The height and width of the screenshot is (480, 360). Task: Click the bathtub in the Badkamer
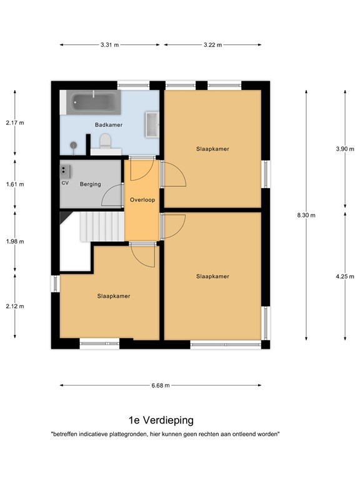coord(94,102)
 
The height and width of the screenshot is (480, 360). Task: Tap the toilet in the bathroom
coord(105,141)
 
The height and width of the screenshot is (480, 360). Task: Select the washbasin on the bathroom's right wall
coord(152,124)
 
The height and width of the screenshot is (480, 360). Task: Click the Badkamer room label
coord(109,125)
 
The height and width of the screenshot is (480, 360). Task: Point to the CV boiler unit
coord(65,172)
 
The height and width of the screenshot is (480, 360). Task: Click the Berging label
coord(90,184)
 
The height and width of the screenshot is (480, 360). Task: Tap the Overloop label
coord(142,200)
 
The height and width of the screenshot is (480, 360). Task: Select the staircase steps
coord(102,226)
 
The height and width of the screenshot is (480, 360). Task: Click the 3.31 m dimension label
coord(109,45)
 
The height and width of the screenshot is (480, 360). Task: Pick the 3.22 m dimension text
coord(212,45)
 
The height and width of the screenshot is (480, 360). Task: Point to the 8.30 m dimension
coord(306,215)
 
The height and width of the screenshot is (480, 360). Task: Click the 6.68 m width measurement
coord(161,386)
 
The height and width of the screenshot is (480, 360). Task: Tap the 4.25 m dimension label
coord(345,276)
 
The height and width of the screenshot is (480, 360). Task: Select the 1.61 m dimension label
coord(15,184)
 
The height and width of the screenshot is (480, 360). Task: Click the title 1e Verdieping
coord(161,420)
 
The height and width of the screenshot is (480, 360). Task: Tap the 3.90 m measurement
coord(345,149)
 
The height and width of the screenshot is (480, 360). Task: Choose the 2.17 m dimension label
coord(15,122)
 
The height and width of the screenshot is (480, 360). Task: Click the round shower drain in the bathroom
coord(74,145)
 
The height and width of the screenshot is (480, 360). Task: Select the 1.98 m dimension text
coord(15,241)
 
